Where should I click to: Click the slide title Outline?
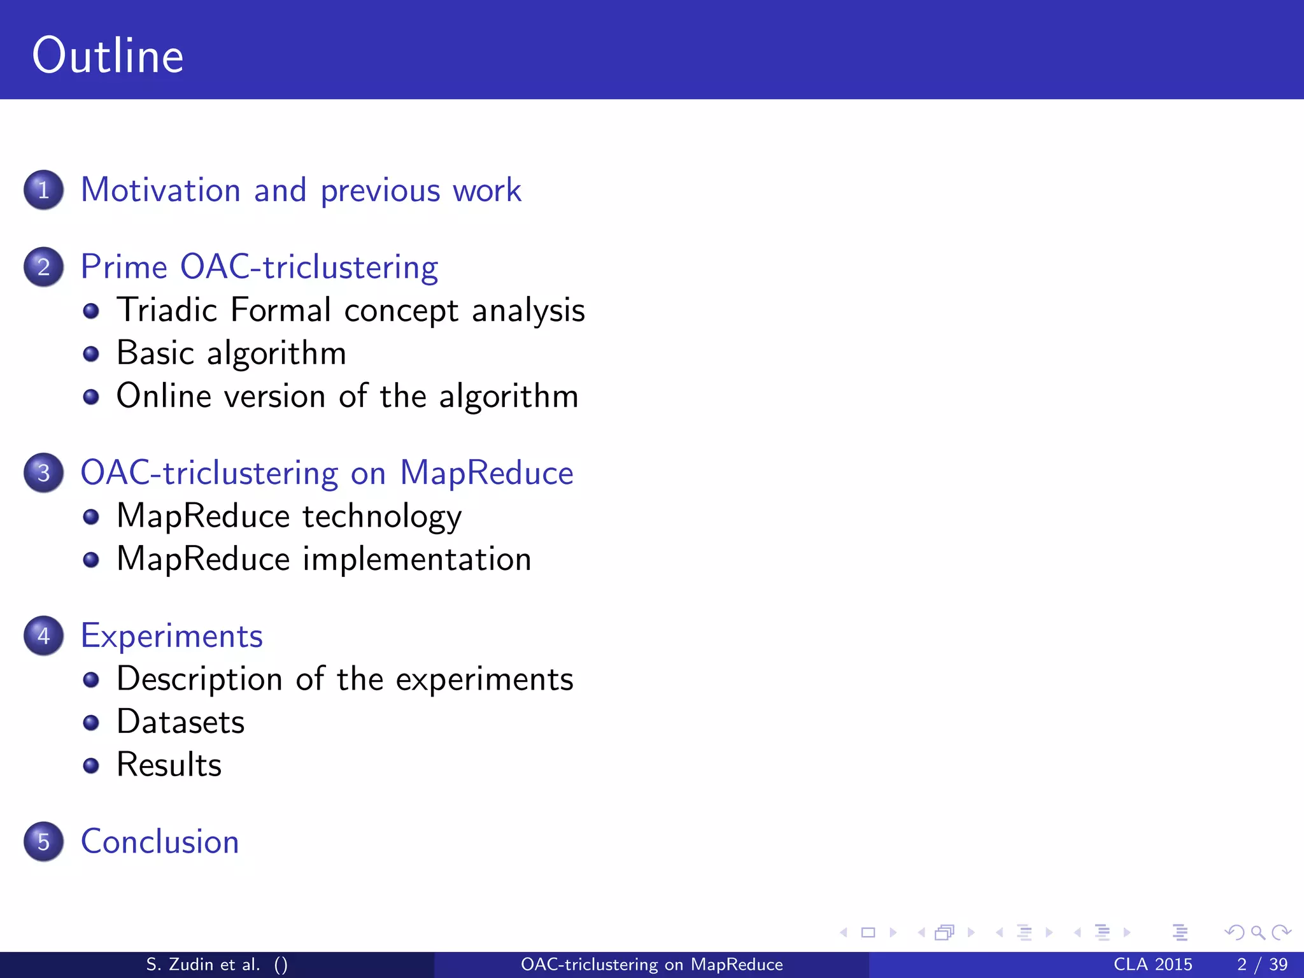pyautogui.click(x=108, y=56)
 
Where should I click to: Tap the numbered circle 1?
pyautogui.click(x=43, y=190)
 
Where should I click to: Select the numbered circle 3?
pyautogui.click(x=43, y=472)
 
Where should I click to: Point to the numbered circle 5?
pyautogui.click(x=43, y=841)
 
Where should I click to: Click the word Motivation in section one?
pyautogui.click(x=160, y=190)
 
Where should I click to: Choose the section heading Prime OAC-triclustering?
pyautogui.click(x=259, y=267)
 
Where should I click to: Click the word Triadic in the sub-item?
pyautogui.click(x=167, y=310)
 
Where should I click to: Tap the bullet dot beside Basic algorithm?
pyautogui.click(x=91, y=354)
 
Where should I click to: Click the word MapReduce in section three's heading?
pyautogui.click(x=486, y=472)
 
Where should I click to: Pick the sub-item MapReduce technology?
pyautogui.click(x=289, y=516)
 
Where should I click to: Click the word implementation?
pyautogui.click(x=416, y=559)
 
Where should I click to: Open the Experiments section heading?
pyautogui.click(x=172, y=636)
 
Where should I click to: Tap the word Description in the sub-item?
pyautogui.click(x=199, y=679)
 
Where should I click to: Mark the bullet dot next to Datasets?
pyautogui.click(x=91, y=723)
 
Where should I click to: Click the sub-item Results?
pyautogui.click(x=169, y=765)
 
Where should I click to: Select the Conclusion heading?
pyautogui.click(x=160, y=841)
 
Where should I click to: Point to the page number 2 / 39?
pyautogui.click(x=1262, y=964)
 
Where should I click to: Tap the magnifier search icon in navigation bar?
pyautogui.click(x=1258, y=933)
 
